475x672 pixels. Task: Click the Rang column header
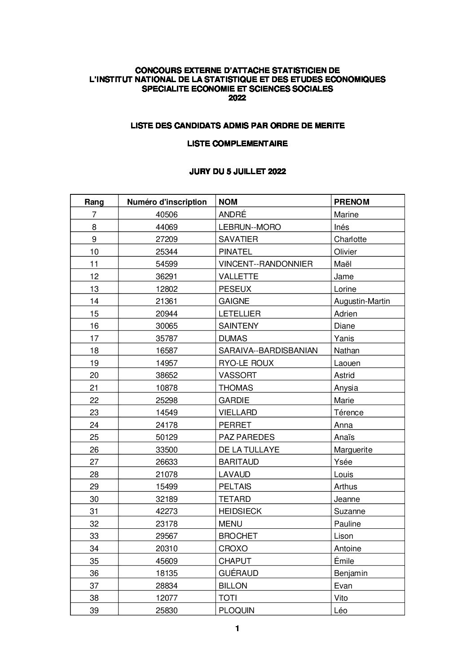[x=94, y=202]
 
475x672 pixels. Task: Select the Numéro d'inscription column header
[x=167, y=202]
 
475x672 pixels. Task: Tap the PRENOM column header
[x=352, y=202]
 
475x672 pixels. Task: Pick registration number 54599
[x=167, y=264]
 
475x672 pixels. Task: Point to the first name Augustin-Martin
[x=362, y=301]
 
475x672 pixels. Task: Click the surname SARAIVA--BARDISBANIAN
[x=268, y=351]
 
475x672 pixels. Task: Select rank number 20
[x=94, y=375]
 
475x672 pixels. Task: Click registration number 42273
[x=167, y=511]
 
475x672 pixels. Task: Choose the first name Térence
[x=349, y=413]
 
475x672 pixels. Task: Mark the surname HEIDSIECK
[x=240, y=511]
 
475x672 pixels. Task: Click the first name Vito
[x=341, y=598]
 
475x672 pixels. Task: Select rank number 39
[x=94, y=611]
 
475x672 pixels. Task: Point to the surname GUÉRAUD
[x=238, y=573]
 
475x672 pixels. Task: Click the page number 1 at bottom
[x=237, y=628]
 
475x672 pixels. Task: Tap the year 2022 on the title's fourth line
[x=237, y=98]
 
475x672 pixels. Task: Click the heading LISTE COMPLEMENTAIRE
[x=237, y=144]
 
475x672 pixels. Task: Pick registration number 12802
[x=167, y=289]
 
